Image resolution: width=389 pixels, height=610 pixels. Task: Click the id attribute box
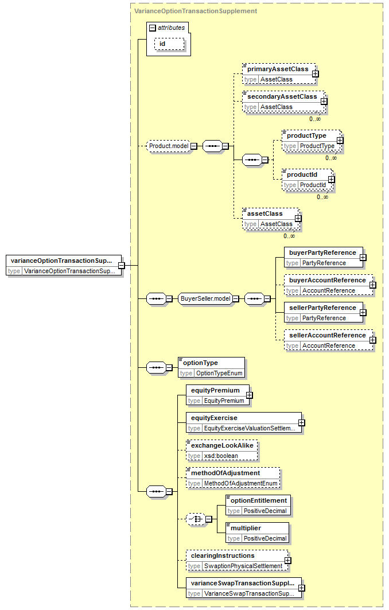[x=170, y=44]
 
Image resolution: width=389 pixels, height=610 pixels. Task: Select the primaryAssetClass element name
[x=278, y=69]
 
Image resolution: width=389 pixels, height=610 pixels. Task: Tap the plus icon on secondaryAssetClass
[x=324, y=101]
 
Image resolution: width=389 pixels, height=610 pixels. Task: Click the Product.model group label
[x=169, y=146]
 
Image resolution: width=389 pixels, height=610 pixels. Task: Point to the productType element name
[x=306, y=135]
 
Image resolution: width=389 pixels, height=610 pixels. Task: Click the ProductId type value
[x=313, y=185]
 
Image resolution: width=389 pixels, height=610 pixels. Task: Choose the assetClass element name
[x=265, y=213]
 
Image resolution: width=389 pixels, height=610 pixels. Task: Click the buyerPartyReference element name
[x=322, y=252]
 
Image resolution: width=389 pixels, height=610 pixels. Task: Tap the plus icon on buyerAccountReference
[x=373, y=285]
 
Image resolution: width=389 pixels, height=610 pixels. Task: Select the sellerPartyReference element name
[x=322, y=308]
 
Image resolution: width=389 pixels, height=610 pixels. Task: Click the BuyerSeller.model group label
[x=206, y=298]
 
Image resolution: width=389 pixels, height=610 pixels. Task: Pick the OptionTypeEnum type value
[x=219, y=374]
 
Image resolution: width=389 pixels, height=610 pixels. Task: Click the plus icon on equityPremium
[x=250, y=395]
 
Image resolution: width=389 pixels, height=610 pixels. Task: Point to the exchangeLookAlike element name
[x=222, y=445]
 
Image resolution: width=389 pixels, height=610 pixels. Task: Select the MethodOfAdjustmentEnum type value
[x=241, y=484]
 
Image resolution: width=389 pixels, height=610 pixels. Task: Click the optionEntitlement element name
[x=259, y=501]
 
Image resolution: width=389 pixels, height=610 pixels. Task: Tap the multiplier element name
[x=246, y=529]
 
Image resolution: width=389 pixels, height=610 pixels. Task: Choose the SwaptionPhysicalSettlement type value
[x=243, y=566]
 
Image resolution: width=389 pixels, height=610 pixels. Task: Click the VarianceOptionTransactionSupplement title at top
[x=196, y=11]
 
